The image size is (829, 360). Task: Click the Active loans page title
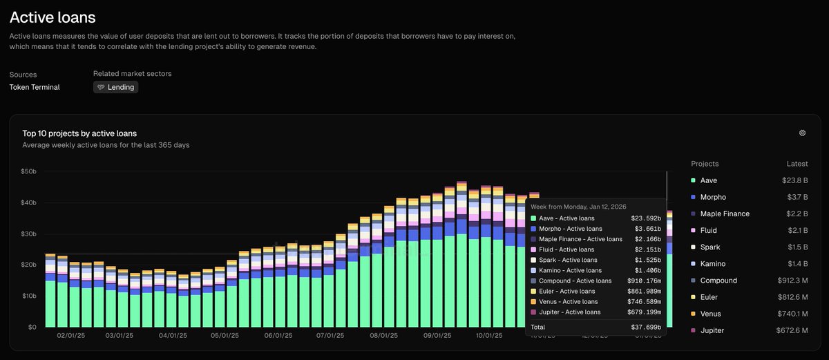click(53, 17)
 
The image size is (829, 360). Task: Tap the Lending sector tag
click(115, 87)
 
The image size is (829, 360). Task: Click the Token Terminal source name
click(35, 87)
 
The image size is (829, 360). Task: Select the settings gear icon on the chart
click(802, 133)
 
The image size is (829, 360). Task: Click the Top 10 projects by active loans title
click(79, 133)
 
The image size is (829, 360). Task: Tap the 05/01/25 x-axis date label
click(225, 335)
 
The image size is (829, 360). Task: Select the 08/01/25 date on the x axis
click(383, 335)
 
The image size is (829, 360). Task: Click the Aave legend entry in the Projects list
click(708, 180)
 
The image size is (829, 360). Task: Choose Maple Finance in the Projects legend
click(725, 214)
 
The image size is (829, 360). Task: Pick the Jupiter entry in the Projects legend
click(712, 330)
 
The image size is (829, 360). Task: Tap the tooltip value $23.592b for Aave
click(646, 218)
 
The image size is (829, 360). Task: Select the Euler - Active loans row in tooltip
click(568, 291)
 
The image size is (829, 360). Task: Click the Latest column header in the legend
click(797, 164)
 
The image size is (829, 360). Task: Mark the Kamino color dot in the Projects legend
click(693, 264)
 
